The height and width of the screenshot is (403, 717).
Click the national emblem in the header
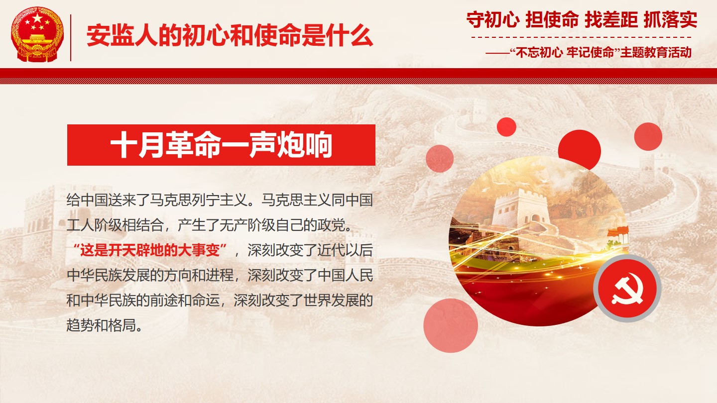click(37, 34)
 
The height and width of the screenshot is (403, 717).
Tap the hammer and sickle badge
click(627, 288)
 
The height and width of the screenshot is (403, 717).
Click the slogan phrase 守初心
click(492, 20)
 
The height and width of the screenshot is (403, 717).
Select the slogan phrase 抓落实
click(670, 20)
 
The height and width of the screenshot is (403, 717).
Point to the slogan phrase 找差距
click(611, 20)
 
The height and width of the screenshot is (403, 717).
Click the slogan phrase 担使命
click(552, 20)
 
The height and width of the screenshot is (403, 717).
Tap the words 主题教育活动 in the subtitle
click(656, 52)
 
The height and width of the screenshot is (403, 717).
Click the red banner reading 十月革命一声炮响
click(221, 145)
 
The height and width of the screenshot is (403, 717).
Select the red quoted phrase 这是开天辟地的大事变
click(150, 250)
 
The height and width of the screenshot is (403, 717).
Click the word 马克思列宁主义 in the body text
click(199, 200)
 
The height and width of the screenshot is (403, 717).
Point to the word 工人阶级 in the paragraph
click(95, 225)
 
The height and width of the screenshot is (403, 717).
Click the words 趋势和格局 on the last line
click(101, 325)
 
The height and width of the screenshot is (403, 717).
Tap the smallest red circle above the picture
click(506, 127)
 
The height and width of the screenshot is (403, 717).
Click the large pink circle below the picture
click(451, 325)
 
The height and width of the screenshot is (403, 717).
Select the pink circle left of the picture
click(440, 159)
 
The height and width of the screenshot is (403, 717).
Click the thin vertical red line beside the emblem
click(70, 38)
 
